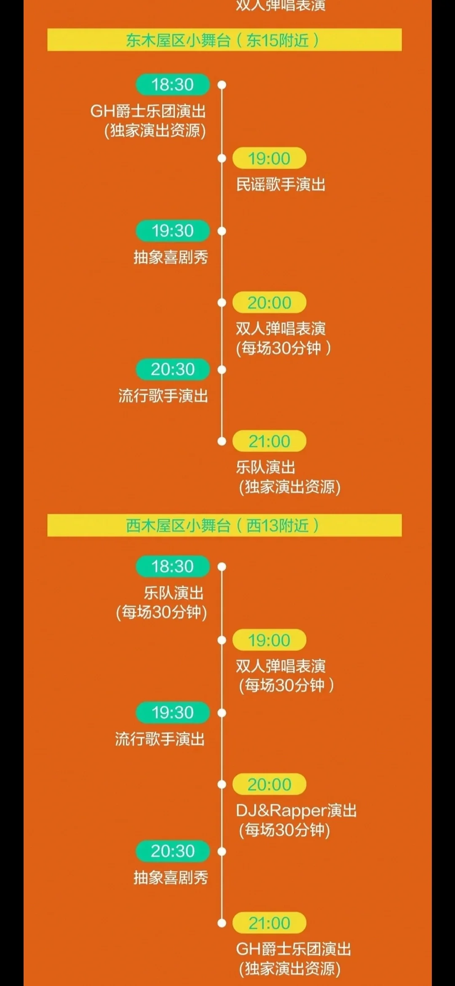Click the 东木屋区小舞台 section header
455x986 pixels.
pos(224,40)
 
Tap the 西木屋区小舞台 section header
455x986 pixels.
pos(224,525)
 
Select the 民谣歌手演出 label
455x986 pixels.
pos(281,185)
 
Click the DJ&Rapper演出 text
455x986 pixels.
pos(296,810)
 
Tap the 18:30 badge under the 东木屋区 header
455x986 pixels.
pos(173,85)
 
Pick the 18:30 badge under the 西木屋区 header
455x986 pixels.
pos(173,566)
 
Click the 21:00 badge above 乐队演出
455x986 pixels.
pos(269,441)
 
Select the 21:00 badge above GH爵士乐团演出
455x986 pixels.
pos(269,923)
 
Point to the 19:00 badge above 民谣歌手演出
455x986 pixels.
pos(269,158)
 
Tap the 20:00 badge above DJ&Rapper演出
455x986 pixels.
pos(269,785)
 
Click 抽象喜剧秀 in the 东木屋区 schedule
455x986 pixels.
pos(171,257)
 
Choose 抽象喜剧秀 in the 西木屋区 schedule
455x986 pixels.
pos(171,878)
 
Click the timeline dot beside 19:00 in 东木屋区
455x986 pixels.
pos(222,158)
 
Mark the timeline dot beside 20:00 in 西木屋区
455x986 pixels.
pos(222,785)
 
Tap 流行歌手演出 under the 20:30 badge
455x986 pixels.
pos(163,396)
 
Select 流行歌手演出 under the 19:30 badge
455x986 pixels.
pos(160,739)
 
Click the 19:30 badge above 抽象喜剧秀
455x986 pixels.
pos(173,231)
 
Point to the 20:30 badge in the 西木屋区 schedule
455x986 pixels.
pos(173,851)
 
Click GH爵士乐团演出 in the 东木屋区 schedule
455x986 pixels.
pos(148,111)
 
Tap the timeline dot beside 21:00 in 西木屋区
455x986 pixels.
pos(222,923)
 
